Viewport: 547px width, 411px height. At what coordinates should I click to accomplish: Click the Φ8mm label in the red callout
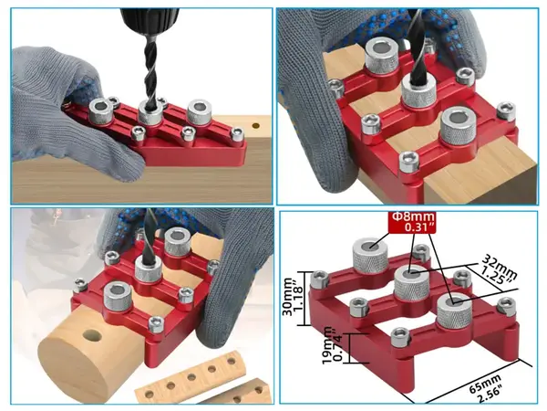tap(413, 216)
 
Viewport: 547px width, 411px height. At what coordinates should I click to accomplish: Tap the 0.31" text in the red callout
tap(420, 227)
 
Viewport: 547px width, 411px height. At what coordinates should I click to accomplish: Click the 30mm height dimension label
tap(287, 297)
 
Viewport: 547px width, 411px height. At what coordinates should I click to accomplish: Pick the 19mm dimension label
tap(328, 346)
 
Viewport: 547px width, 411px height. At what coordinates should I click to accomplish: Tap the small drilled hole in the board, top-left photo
tap(256, 125)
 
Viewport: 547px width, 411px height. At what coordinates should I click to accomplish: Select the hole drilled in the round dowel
tap(92, 336)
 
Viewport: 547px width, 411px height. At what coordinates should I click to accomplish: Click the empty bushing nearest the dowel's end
tap(118, 297)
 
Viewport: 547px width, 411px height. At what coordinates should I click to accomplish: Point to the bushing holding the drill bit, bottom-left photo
tap(149, 268)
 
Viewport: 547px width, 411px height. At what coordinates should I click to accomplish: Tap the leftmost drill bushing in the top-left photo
tap(101, 111)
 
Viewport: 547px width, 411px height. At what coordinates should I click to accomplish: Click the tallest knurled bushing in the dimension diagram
tap(370, 257)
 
